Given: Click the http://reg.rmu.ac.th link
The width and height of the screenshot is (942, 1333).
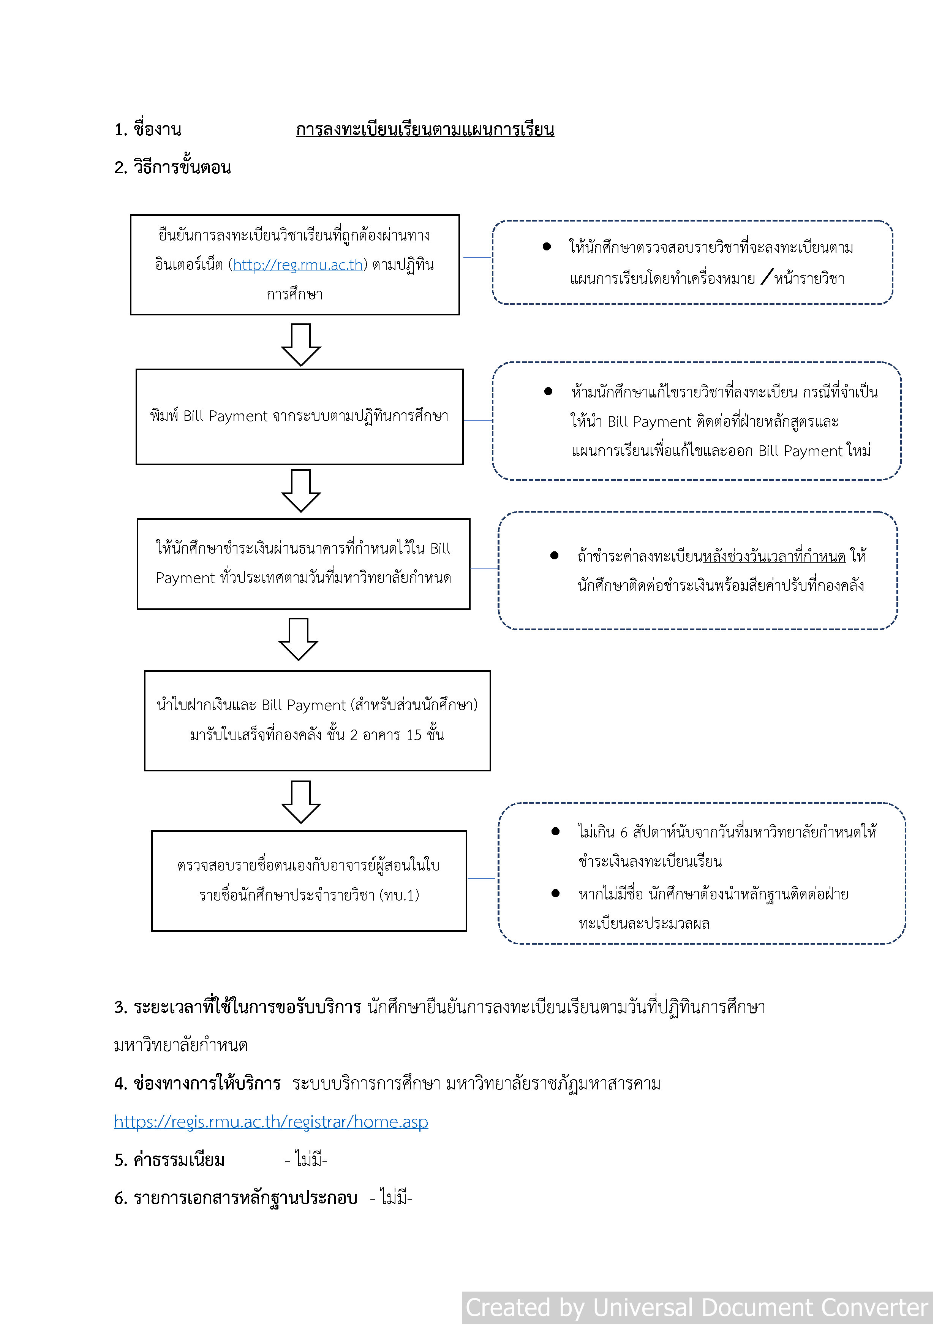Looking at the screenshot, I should coord(298,265).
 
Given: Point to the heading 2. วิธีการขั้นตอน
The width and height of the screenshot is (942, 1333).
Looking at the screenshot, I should coord(172,167).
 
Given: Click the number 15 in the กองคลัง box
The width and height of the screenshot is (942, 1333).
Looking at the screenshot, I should coord(413,735).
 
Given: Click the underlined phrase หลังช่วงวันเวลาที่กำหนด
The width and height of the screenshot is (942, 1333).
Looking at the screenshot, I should coord(774,556).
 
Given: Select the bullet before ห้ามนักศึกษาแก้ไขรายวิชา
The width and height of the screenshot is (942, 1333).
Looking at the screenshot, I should coord(548,391).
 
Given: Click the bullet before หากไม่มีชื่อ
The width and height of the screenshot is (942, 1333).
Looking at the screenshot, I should coord(555,893).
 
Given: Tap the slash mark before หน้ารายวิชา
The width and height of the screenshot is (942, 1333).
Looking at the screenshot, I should coord(766,277).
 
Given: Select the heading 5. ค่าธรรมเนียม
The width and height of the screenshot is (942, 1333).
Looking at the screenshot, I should coord(169,1160).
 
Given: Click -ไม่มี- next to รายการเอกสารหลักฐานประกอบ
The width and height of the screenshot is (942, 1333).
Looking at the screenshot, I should coord(390,1198).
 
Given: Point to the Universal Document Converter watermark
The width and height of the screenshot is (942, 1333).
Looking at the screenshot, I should coord(697,1308).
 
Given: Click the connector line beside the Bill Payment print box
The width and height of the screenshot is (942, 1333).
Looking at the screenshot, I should coord(478,420).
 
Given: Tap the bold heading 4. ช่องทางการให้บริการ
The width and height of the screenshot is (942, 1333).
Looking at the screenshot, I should coord(198,1083).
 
